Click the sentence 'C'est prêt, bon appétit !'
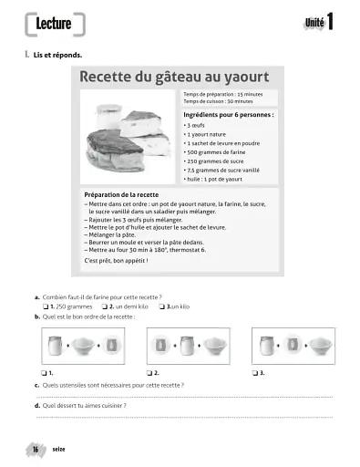tap(115, 260)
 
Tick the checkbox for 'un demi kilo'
tap(103, 306)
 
